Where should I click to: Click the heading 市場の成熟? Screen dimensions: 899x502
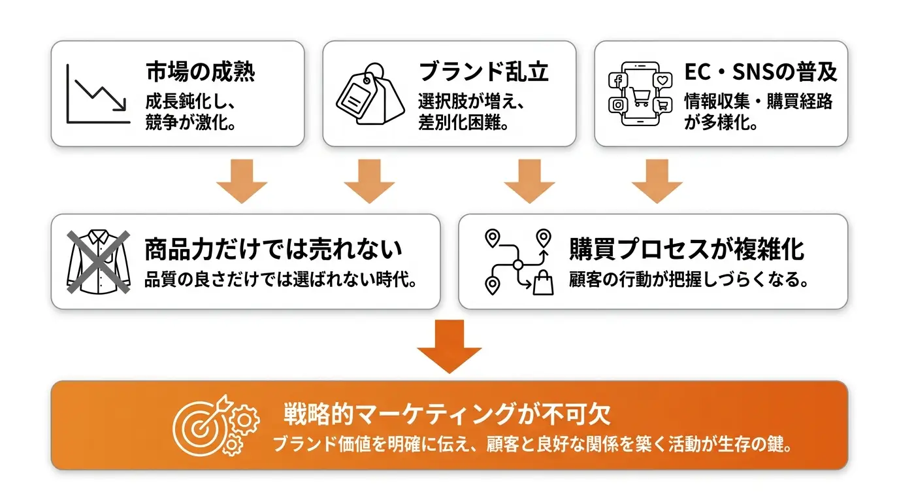point(201,72)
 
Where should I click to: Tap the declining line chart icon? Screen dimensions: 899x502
point(98,94)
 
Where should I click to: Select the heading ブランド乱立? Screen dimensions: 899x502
point(483,72)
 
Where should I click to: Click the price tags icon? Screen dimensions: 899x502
point(370,94)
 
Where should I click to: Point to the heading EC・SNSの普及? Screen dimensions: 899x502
point(760,72)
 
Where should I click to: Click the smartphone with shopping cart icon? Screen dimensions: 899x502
point(640,94)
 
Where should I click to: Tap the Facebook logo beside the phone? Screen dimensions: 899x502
point(618,80)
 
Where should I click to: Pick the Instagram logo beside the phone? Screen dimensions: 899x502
point(618,105)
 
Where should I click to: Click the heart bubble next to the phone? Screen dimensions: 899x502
point(662,80)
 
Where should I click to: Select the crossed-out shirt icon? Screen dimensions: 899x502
point(98,262)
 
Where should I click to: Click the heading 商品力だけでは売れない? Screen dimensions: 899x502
point(273,249)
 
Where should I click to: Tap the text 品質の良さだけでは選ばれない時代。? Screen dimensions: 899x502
point(280,280)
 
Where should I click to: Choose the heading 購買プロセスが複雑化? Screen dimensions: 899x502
point(687,249)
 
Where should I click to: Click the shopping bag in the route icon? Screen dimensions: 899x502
point(543,283)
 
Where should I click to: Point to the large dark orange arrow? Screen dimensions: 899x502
point(449,346)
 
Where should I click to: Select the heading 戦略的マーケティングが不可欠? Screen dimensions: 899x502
point(447,414)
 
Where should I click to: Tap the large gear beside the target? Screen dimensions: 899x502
point(244,420)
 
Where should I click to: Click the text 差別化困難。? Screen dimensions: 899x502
point(464,122)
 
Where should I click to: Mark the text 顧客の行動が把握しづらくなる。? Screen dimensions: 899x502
point(689,280)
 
